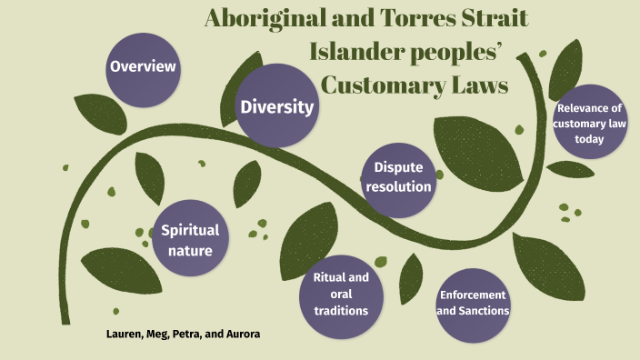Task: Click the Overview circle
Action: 143,67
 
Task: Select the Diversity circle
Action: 277,107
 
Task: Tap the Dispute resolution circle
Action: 398,177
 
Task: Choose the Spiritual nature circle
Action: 190,238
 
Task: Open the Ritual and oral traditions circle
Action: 340,295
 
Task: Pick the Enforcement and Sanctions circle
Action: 473,303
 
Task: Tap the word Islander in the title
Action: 361,52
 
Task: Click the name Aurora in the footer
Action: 242,334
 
